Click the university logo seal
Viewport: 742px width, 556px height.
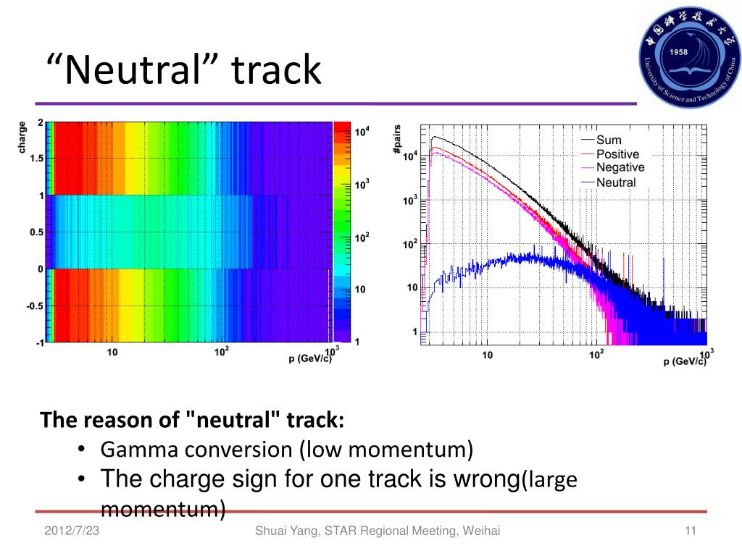pyautogui.click(x=690, y=56)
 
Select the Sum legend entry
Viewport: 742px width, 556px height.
pyautogui.click(x=601, y=140)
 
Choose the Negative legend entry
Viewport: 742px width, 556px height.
pyautogui.click(x=613, y=167)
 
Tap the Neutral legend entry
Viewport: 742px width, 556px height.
pyautogui.click(x=609, y=182)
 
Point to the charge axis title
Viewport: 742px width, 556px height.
pyautogui.click(x=22, y=137)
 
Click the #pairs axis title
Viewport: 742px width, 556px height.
pyautogui.click(x=397, y=139)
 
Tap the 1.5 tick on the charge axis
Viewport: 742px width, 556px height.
pyautogui.click(x=36, y=159)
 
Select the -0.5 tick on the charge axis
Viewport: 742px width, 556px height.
pyautogui.click(x=35, y=306)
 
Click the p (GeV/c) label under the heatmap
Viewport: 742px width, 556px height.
pyautogui.click(x=310, y=358)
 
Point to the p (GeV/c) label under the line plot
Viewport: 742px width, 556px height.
pyautogui.click(x=684, y=361)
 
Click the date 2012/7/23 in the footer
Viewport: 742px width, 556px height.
pyautogui.click(x=72, y=531)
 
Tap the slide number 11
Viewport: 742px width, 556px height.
pyautogui.click(x=691, y=531)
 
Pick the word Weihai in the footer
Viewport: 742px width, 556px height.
pyautogui.click(x=481, y=531)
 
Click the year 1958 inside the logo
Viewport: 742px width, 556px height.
pyautogui.click(x=678, y=52)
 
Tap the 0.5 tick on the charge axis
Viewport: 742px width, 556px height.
pyautogui.click(x=36, y=232)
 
